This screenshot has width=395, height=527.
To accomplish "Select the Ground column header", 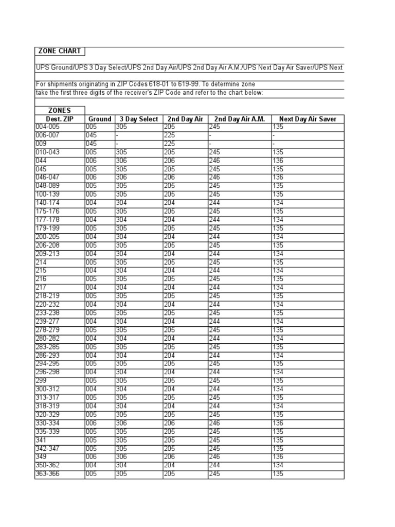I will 100,119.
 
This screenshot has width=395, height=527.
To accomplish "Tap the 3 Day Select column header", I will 139,119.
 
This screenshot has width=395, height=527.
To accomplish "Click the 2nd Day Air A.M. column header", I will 240,119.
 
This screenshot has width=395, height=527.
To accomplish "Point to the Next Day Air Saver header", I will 308,119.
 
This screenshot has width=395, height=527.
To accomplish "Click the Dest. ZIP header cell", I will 60,119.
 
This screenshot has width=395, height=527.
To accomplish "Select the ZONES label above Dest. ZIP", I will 60,111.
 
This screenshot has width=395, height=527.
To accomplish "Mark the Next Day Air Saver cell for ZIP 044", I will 278,161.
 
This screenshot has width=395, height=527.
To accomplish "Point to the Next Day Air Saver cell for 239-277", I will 278,322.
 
